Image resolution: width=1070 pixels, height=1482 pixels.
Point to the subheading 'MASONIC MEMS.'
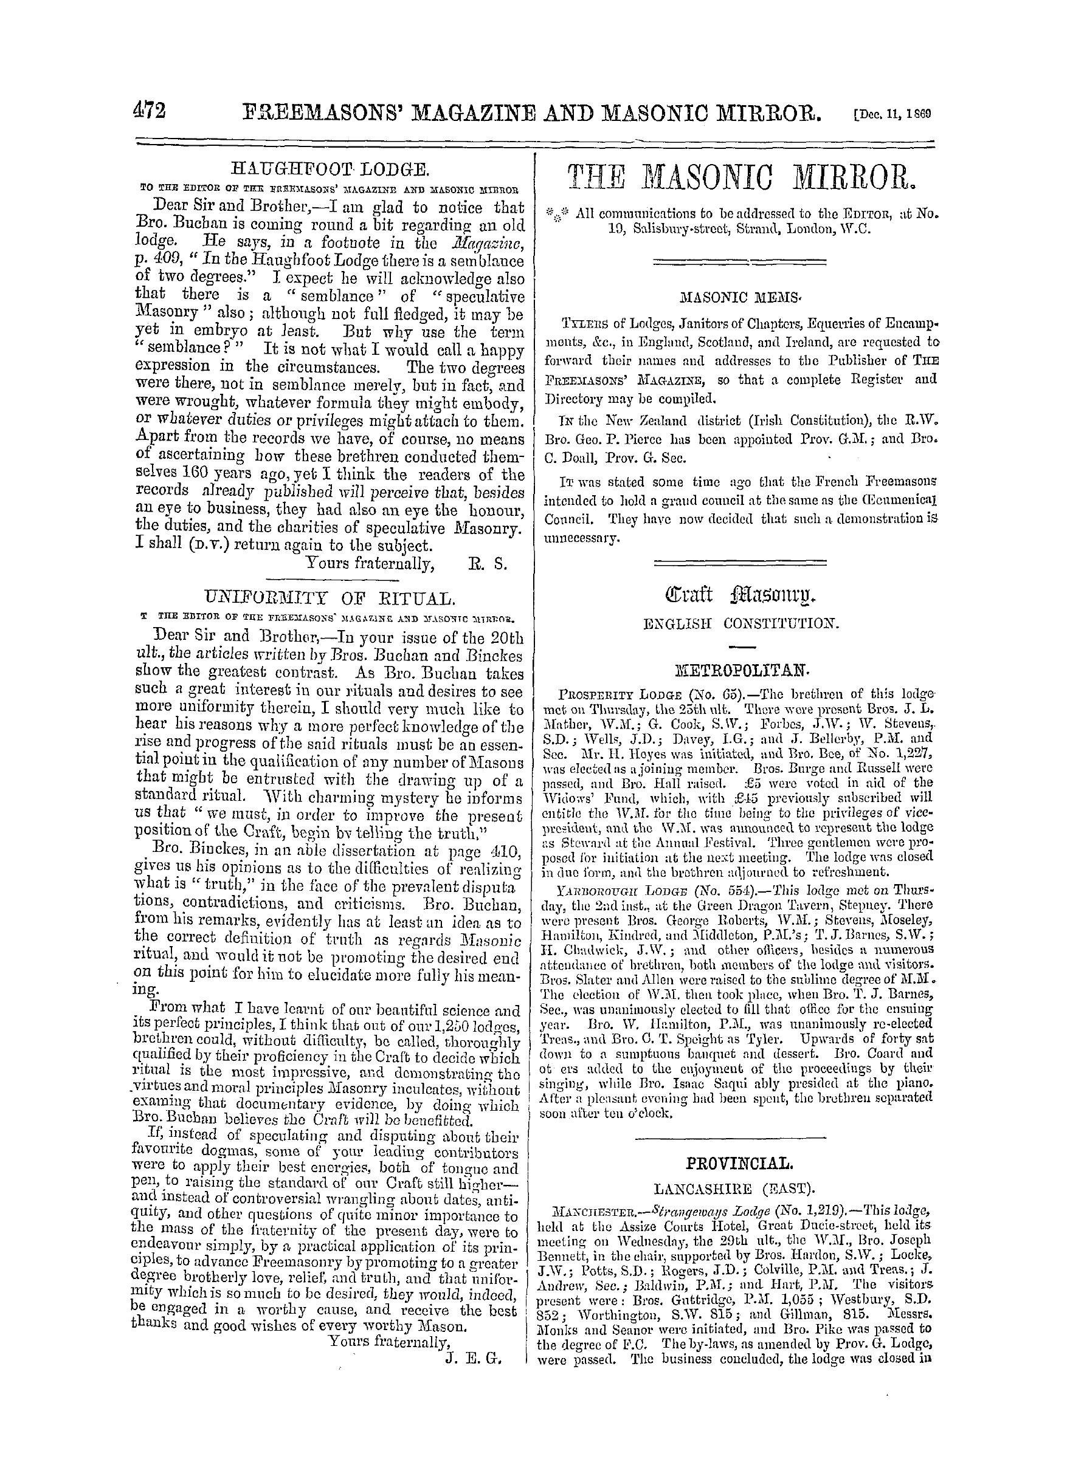740,297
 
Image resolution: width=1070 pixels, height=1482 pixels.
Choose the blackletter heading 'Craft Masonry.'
740,596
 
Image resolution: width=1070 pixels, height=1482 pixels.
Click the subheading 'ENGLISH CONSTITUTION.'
740,624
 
